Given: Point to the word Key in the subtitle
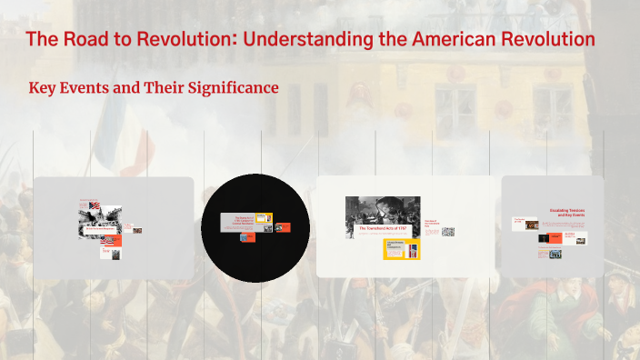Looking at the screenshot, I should [45, 88].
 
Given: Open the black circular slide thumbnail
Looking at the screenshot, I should [255, 227].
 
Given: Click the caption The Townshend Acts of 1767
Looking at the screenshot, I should [383, 228].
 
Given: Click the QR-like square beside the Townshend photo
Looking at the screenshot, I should [447, 232].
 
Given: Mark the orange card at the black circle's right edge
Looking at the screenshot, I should [283, 227].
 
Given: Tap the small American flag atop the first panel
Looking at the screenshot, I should [83, 200].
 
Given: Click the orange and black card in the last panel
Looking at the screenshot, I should [570, 236].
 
